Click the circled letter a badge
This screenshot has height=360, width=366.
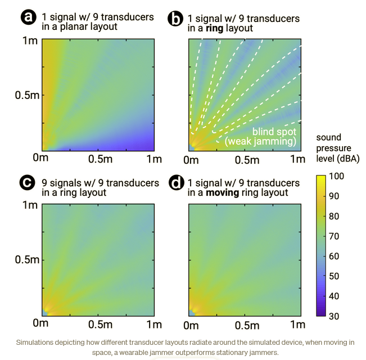tap(28, 17)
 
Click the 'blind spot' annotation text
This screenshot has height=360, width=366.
tap(274, 131)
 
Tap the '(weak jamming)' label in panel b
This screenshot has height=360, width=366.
tap(260, 141)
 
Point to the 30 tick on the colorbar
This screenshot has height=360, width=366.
tap(333, 316)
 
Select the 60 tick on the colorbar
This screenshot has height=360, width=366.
tap(333, 256)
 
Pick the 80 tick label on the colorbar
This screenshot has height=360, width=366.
tap(333, 216)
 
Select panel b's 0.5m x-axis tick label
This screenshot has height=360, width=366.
tap(246, 160)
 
